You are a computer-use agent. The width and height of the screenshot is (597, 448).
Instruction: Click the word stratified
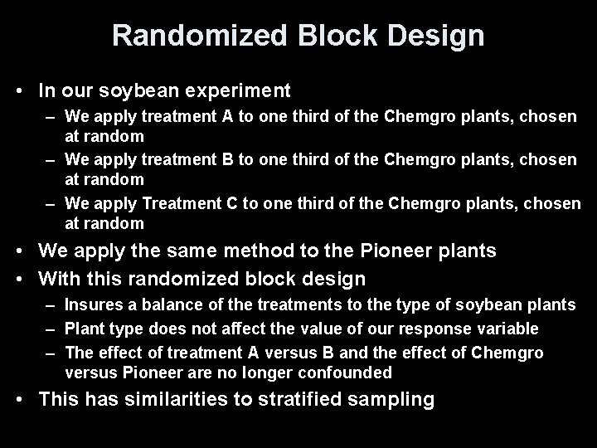pyautogui.click(x=312, y=400)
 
